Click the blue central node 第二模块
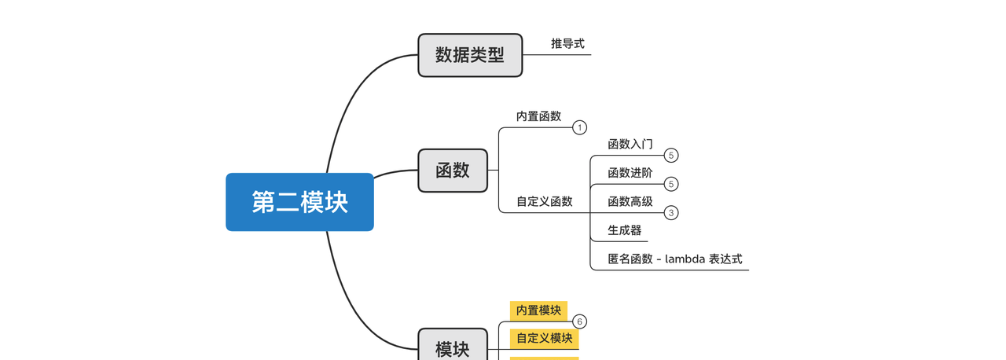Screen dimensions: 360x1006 pyautogui.click(x=299, y=202)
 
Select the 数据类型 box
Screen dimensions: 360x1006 pyautogui.click(x=469, y=55)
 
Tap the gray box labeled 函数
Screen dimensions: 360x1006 pyautogui.click(x=452, y=170)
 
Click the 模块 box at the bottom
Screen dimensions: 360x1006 pyautogui.click(x=452, y=348)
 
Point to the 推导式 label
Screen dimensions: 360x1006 pyautogui.click(x=567, y=44)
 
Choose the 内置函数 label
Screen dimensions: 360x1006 pyautogui.click(x=538, y=116)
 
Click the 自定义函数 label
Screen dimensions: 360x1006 pyautogui.click(x=544, y=201)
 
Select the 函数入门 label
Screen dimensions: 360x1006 pyautogui.click(x=630, y=145)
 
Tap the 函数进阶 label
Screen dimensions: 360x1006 pyautogui.click(x=630, y=173)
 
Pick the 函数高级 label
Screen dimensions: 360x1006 pyautogui.click(x=630, y=201)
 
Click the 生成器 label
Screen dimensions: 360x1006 pyautogui.click(x=624, y=230)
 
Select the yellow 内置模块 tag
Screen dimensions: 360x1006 pyautogui.click(x=538, y=310)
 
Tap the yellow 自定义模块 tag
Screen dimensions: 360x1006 pyautogui.click(x=544, y=339)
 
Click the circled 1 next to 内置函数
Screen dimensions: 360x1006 pyautogui.click(x=580, y=127)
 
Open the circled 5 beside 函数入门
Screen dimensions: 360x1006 pyautogui.click(x=671, y=156)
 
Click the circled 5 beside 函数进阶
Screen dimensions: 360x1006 pyautogui.click(x=671, y=184)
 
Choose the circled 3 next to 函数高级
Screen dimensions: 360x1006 pyautogui.click(x=671, y=212)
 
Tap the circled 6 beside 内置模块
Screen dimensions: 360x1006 pyautogui.click(x=580, y=321)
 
